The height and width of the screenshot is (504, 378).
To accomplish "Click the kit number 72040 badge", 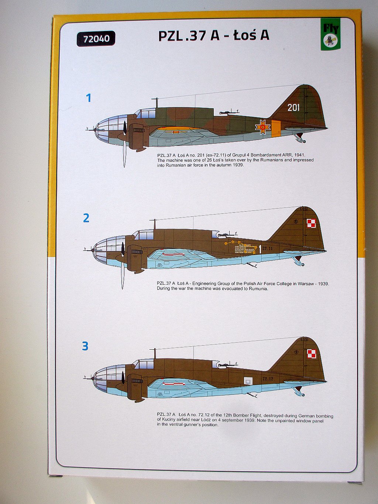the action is tap(96, 39).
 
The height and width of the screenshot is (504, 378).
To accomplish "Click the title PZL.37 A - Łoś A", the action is tap(214, 35).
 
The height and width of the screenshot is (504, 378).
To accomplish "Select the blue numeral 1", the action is tap(88, 98).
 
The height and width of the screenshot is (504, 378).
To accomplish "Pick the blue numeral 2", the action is tap(86, 218).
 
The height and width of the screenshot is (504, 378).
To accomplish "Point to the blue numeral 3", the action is tap(85, 346).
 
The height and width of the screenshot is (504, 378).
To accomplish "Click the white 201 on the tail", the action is tap(293, 107).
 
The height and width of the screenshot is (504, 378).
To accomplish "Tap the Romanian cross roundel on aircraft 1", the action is tap(262, 127).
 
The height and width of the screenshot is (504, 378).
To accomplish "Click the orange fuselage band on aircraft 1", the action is tap(276, 128).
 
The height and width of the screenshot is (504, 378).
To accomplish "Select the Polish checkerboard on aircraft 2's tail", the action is tap(312, 223).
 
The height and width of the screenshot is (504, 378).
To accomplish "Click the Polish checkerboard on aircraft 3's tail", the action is tap(312, 354).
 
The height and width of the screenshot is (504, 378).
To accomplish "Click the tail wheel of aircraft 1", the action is tap(303, 141).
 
